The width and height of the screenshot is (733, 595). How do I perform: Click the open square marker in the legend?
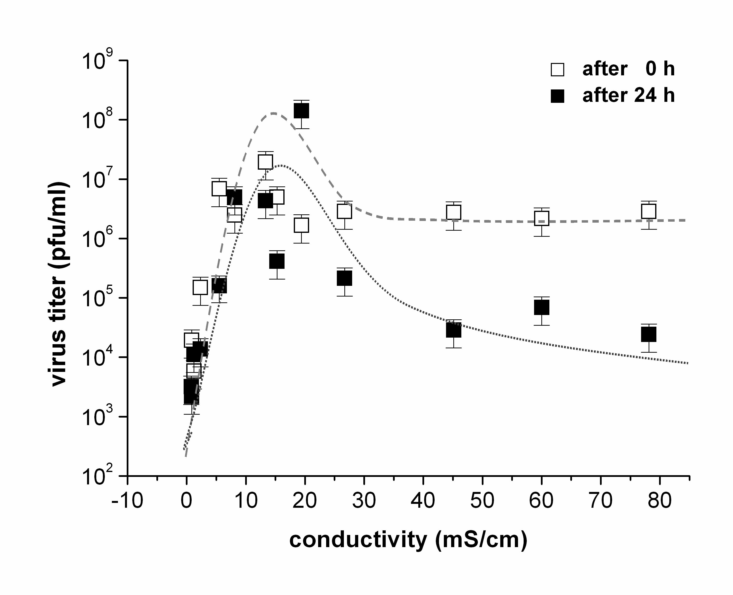(557, 69)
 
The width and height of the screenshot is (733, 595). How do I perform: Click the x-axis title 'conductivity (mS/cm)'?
(408, 540)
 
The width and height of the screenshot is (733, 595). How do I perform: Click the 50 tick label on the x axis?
(482, 500)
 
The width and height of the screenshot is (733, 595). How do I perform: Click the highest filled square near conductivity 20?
(302, 111)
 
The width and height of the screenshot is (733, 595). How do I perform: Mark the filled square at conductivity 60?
(542, 307)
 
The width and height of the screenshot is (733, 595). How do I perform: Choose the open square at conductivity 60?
(542, 218)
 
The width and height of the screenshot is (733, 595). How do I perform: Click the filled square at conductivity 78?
(649, 334)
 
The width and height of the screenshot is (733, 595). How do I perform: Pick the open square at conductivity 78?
(649, 211)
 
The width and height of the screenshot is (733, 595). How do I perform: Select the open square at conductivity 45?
(454, 212)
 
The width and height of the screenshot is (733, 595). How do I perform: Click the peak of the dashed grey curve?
(273, 113)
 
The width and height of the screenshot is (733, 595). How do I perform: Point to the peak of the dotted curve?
(281, 166)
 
